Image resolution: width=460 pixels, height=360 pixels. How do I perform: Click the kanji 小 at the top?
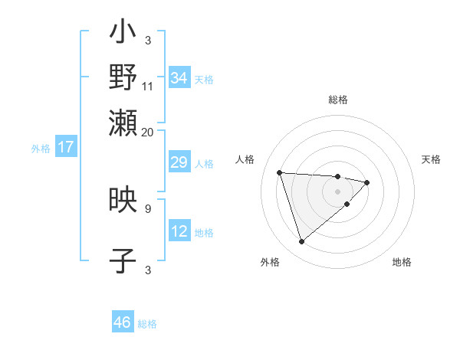pyautogui.click(x=123, y=33)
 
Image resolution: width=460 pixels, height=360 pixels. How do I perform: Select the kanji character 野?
pyautogui.click(x=123, y=77)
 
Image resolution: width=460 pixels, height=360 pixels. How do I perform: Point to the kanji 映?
pyautogui.click(x=123, y=201)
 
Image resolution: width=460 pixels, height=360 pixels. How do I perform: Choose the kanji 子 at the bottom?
pyautogui.click(x=123, y=261)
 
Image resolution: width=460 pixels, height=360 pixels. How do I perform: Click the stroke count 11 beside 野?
pyautogui.click(x=148, y=87)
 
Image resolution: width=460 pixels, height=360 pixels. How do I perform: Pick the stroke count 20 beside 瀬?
pyautogui.click(x=148, y=132)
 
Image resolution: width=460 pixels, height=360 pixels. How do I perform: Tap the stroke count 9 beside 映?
pyautogui.click(x=148, y=208)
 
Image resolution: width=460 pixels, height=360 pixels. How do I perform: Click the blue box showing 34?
pyautogui.click(x=179, y=78)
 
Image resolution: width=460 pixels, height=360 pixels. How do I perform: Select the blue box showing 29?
pyautogui.click(x=179, y=162)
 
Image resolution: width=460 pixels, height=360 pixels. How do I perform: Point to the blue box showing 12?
pyautogui.click(x=179, y=231)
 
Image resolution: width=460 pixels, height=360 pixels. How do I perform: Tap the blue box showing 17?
pyautogui.click(x=65, y=148)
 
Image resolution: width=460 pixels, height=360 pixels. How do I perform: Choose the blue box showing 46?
pyautogui.click(x=123, y=322)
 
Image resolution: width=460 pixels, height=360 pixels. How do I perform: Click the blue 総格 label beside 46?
pyautogui.click(x=147, y=324)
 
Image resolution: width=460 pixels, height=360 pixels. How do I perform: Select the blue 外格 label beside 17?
pyautogui.click(x=41, y=149)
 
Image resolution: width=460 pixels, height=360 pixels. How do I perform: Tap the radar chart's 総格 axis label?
pyautogui.click(x=338, y=100)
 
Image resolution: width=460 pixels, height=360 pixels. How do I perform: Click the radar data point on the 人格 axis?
pyautogui.click(x=280, y=172)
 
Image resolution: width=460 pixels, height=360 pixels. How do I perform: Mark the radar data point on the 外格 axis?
pyautogui.click(x=301, y=242)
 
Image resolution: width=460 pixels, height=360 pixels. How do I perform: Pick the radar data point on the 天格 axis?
pyautogui.click(x=367, y=182)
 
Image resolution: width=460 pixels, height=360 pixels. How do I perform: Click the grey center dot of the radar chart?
pyautogui.click(x=338, y=191)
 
